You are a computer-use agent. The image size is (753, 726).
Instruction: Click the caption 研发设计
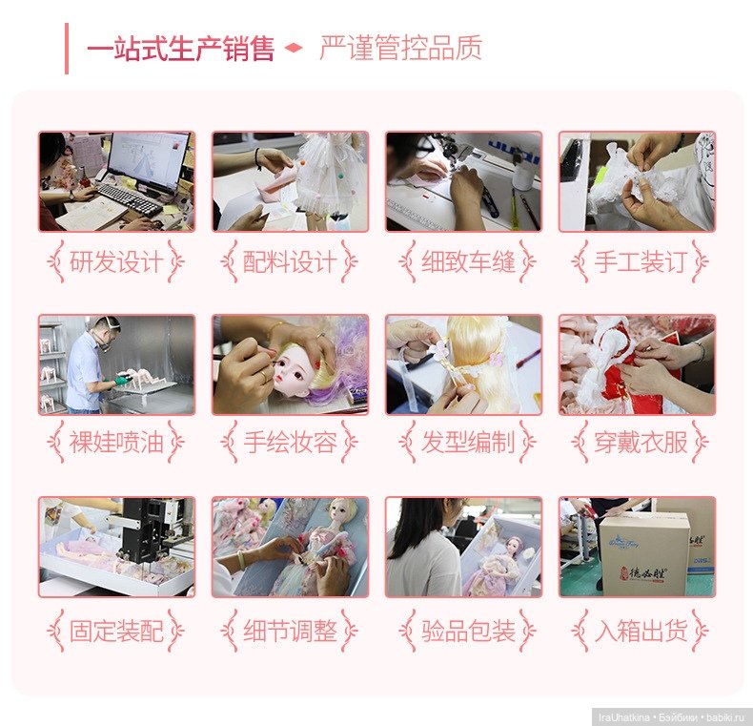tap(116, 262)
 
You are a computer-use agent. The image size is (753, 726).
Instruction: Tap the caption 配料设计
tap(290, 262)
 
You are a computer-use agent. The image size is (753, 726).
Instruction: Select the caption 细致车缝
tap(468, 262)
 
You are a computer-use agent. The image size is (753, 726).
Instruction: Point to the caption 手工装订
tap(641, 262)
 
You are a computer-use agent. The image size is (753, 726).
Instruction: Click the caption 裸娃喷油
tap(116, 443)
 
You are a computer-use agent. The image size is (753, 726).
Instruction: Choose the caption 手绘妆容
tap(290, 443)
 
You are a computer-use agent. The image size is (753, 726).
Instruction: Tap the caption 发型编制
tap(468, 443)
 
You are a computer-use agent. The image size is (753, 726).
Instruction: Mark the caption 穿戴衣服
tap(641, 443)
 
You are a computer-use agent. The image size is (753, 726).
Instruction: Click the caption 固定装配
tap(116, 631)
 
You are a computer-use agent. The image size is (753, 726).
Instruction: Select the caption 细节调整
tap(290, 631)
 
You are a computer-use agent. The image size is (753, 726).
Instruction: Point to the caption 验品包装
tap(468, 631)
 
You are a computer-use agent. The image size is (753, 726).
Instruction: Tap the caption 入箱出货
tap(641, 631)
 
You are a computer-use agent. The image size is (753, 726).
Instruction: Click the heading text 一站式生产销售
tap(180, 49)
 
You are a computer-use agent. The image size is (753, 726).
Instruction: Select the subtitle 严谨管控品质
tap(400, 48)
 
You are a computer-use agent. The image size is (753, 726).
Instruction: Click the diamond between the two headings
tap(294, 48)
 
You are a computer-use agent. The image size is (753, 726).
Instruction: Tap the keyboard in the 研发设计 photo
tap(131, 199)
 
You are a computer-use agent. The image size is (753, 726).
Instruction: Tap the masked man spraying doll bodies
tap(90, 364)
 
